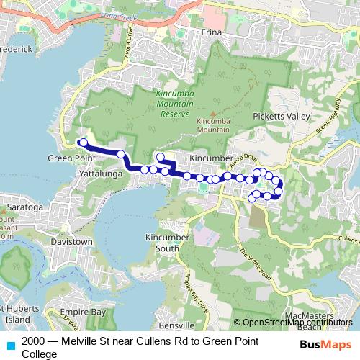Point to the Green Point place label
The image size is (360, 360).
[x=67, y=158]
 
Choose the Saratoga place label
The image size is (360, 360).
[x=26, y=207]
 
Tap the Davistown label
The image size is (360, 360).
[x=71, y=242]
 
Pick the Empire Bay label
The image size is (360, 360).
[x=86, y=312]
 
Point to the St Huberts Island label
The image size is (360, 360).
[x=16, y=315]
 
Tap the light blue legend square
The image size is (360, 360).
[x=10, y=343]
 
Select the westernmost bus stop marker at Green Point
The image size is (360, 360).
[x=83, y=142]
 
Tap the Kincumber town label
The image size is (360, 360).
[x=210, y=157]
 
